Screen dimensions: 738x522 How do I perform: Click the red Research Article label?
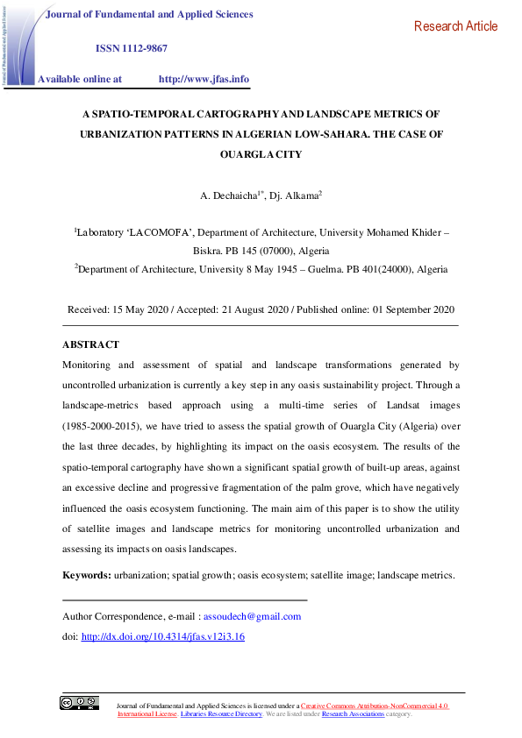click(455, 26)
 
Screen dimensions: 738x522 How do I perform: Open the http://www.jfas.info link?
click(204, 79)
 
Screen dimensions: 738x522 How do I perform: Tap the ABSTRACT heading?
click(90, 344)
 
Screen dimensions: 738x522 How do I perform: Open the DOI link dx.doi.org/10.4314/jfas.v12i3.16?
click(162, 637)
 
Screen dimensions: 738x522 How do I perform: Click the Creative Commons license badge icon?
click(79, 702)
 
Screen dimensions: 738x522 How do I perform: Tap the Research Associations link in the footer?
click(353, 714)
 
